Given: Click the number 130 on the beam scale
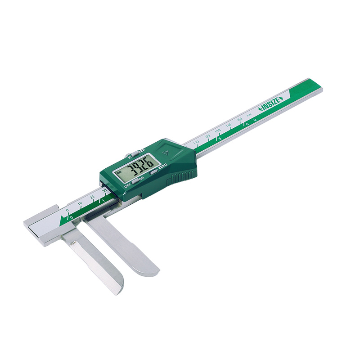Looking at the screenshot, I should tap(218, 131).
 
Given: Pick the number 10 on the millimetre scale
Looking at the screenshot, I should tap(80, 205).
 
